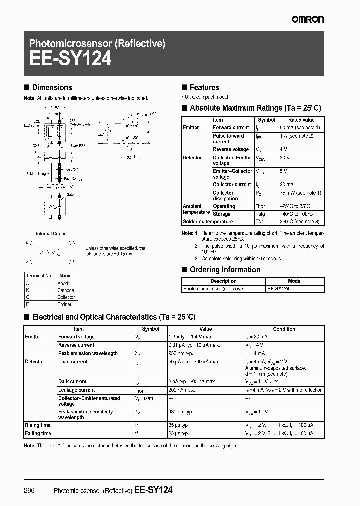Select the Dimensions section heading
[x=52, y=87]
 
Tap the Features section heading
[x=204, y=87]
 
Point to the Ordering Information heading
[x=225, y=270]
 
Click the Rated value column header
[x=301, y=120]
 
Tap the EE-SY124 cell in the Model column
[x=278, y=289]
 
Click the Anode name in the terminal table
[x=65, y=283]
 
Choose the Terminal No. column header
[x=39, y=276]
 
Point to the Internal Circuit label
[x=51, y=233]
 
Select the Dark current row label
[x=72, y=382]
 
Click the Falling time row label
[x=38, y=433]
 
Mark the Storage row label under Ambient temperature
[x=222, y=214]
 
